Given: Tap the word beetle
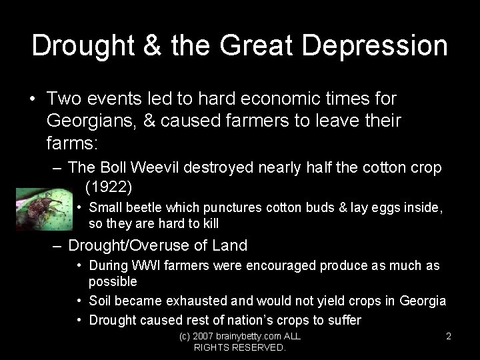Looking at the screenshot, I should pos(143,207).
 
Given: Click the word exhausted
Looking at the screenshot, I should pos(201,301).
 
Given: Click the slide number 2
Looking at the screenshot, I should pos(449,337).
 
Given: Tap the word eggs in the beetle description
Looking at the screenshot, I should pos(386,207).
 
